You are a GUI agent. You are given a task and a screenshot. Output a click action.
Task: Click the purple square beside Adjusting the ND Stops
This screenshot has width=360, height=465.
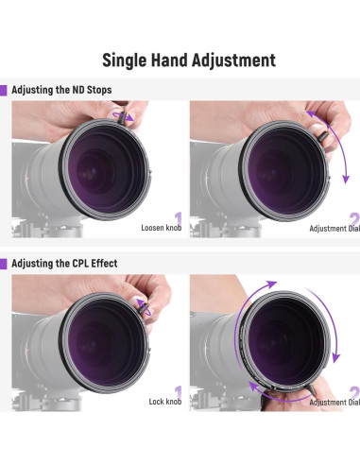[4, 91]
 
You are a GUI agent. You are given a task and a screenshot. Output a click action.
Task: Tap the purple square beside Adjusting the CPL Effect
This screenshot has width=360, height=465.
[4, 263]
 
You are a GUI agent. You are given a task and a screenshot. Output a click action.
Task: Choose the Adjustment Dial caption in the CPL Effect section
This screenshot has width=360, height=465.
[334, 402]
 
